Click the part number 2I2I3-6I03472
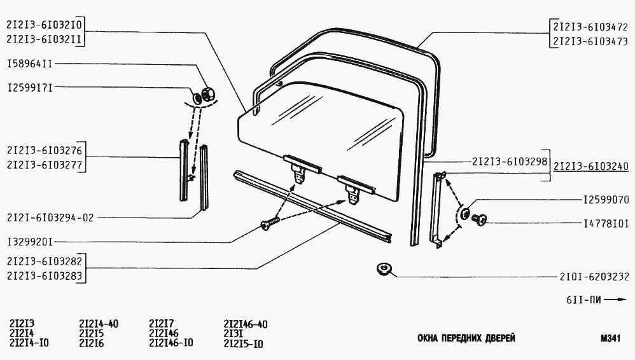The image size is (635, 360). tap(590, 27)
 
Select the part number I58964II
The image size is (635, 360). tap(30, 64)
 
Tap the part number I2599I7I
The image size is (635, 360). tap(30, 88)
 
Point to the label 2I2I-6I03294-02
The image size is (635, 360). tap(50, 218)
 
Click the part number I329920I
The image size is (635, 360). tap(30, 242)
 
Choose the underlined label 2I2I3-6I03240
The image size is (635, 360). tap(591, 167)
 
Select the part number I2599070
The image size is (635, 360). tap(606, 200)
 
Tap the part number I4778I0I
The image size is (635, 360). tap(606, 223)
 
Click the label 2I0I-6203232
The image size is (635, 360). tap(594, 277)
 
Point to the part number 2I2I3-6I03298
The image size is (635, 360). tap(510, 162)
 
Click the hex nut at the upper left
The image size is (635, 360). tap(208, 93)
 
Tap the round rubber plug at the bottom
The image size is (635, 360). tap(382, 268)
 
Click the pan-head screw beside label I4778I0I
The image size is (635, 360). tap(479, 219)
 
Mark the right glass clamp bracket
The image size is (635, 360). tap(356, 188)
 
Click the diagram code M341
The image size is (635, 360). tap(610, 338)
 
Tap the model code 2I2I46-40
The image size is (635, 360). tap(246, 324)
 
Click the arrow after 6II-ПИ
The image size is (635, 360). tap(617, 300)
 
